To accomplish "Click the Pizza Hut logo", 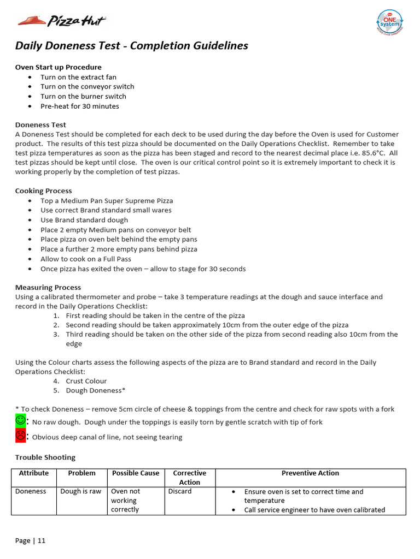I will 61,21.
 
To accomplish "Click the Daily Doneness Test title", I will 131,46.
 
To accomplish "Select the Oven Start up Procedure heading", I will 58,67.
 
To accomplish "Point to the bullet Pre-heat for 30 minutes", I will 79,106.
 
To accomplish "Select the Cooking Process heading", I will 43,191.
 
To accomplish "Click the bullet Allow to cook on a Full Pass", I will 86,259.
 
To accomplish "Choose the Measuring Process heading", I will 48,288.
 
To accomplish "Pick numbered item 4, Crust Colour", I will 86,381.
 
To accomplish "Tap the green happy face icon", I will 20,421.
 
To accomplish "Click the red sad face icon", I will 20,436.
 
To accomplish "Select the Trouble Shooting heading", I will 45,457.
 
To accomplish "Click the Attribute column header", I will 34,473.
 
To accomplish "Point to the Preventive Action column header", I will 310,473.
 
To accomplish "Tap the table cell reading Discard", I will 180,491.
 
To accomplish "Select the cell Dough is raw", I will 81,491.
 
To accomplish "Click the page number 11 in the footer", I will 41,541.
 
